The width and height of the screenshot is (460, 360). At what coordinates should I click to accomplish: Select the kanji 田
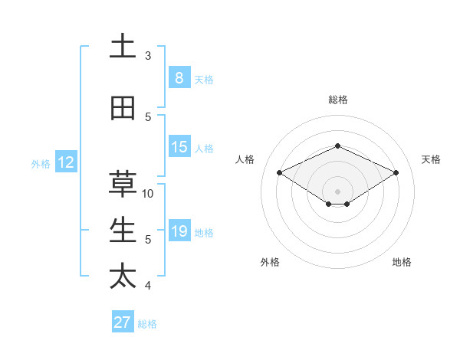[123, 109]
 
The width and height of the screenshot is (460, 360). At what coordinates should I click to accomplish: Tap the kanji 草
[123, 185]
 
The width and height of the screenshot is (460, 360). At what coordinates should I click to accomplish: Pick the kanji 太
[123, 277]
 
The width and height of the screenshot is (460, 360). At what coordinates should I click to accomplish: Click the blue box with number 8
[179, 78]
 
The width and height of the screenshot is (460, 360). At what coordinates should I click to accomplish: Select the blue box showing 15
[179, 147]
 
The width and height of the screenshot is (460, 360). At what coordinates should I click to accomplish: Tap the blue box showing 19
[179, 231]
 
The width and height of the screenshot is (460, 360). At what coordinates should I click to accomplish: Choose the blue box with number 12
[66, 162]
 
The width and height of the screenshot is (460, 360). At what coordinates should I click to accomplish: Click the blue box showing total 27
[123, 322]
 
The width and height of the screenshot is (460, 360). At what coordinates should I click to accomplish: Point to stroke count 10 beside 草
[148, 193]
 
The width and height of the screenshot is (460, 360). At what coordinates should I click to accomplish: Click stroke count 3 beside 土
[148, 56]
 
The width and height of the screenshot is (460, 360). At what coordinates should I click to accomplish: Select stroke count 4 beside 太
[148, 286]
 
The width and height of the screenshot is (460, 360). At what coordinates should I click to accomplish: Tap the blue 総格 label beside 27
[147, 324]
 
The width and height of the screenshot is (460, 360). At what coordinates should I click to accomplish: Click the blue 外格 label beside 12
[41, 163]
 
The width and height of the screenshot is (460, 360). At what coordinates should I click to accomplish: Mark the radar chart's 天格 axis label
[431, 159]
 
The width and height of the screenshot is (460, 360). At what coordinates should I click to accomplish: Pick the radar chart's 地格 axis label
[402, 262]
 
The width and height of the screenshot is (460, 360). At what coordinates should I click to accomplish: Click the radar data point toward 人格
[279, 172]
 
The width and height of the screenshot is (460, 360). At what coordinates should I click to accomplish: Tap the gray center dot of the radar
[337, 191]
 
